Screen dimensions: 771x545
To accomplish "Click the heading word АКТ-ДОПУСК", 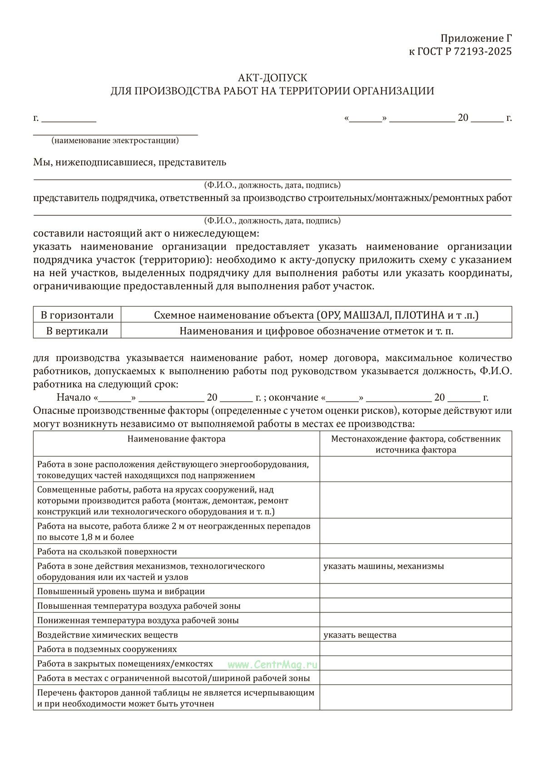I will (x=272, y=78).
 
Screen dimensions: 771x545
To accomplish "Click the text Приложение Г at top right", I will (x=476, y=38).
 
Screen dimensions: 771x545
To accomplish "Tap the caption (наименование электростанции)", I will (x=115, y=140).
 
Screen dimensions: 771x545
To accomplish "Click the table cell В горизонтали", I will (x=77, y=315).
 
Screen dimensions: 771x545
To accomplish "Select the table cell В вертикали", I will (x=77, y=331).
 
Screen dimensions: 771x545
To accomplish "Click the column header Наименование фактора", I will (x=176, y=439).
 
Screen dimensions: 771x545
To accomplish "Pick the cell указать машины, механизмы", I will (x=384, y=566).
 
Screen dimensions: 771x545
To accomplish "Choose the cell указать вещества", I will (x=360, y=635).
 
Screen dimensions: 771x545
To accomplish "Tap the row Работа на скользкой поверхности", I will (x=107, y=552).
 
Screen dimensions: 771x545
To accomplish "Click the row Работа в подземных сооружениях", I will (x=107, y=649).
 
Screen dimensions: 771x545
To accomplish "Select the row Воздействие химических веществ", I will (x=108, y=635).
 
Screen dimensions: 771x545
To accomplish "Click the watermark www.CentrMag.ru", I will (x=272, y=664).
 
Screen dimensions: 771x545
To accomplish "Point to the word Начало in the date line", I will (x=74, y=398).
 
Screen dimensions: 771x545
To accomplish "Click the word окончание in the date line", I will (x=294, y=398).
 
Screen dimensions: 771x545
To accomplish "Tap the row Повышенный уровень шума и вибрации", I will (x=121, y=592).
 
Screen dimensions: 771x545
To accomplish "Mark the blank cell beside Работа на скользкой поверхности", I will (x=416, y=552).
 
